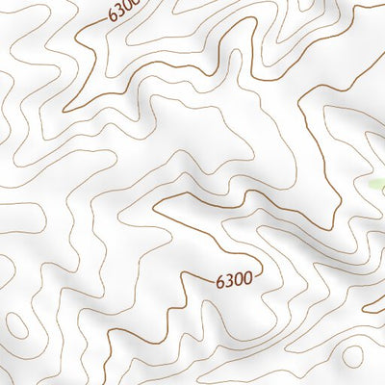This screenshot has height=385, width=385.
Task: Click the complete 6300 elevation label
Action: (234, 281)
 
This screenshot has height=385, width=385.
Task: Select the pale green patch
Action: (377, 184)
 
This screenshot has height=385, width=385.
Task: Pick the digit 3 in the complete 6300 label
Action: (229, 281)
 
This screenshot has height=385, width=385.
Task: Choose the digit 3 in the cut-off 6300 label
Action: (120, 12)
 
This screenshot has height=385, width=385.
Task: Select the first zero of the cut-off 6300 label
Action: (129, 8)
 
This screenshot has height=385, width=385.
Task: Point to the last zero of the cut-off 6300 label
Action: (137, 4)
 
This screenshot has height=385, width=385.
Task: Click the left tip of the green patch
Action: (370, 183)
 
